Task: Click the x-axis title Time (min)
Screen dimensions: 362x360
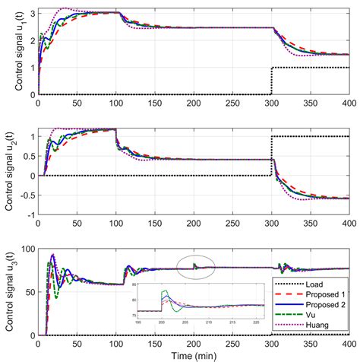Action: (x=194, y=354)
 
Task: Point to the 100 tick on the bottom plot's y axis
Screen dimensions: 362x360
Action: (x=28, y=249)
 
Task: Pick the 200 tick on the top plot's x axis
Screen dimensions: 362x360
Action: (x=194, y=103)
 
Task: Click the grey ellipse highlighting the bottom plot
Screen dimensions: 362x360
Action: (x=194, y=267)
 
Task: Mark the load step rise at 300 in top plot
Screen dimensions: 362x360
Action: (x=271, y=81)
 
